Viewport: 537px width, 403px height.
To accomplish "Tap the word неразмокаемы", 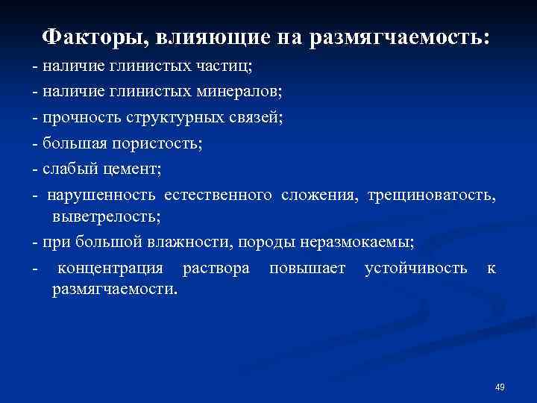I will (x=354, y=243).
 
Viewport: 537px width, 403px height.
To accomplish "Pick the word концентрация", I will (x=110, y=268).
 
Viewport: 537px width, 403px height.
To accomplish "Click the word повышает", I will (x=308, y=268).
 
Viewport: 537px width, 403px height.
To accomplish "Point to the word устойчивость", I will (x=416, y=268).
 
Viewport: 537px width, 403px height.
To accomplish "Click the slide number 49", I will (x=500, y=387).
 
